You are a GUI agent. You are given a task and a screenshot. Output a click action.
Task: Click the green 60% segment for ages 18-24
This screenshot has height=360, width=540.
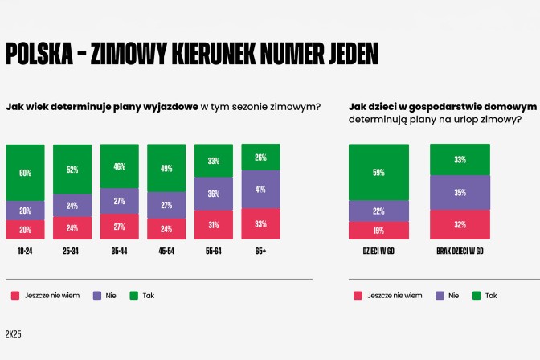point(25,173)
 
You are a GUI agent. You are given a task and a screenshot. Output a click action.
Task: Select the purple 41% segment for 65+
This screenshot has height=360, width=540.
point(260,190)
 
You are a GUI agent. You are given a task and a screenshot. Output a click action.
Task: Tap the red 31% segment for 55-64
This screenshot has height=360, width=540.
point(214,224)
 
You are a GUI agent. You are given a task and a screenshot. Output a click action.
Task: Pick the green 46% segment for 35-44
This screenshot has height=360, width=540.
point(119,167)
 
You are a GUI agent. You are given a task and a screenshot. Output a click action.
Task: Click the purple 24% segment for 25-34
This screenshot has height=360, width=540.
point(72,205)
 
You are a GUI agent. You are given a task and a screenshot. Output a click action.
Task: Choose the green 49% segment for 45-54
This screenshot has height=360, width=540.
point(166,168)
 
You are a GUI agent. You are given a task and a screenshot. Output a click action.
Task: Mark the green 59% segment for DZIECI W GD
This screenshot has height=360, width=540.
point(378,172)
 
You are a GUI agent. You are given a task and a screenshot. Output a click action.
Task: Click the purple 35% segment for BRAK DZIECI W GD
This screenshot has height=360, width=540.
point(460,193)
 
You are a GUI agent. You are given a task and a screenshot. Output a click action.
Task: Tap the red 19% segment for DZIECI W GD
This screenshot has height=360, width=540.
point(378,231)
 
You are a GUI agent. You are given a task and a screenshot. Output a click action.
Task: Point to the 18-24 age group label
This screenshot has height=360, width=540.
point(25,252)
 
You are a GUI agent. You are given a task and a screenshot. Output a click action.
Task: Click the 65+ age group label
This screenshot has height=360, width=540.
point(260,252)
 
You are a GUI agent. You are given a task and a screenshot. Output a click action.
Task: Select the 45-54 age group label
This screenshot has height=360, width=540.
point(166,252)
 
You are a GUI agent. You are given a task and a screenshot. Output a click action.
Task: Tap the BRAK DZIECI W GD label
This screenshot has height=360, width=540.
point(460,252)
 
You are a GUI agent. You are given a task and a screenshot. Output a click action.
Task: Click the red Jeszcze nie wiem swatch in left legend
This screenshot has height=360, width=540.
point(14,296)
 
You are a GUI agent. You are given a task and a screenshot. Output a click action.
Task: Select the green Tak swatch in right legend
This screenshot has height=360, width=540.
point(477,296)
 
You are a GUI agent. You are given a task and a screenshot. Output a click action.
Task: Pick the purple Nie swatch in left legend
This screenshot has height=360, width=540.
point(98,296)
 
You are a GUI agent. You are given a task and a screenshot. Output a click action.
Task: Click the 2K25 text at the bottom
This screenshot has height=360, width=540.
point(13,334)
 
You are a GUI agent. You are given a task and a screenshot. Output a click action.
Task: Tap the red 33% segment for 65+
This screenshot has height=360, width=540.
point(260,224)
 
